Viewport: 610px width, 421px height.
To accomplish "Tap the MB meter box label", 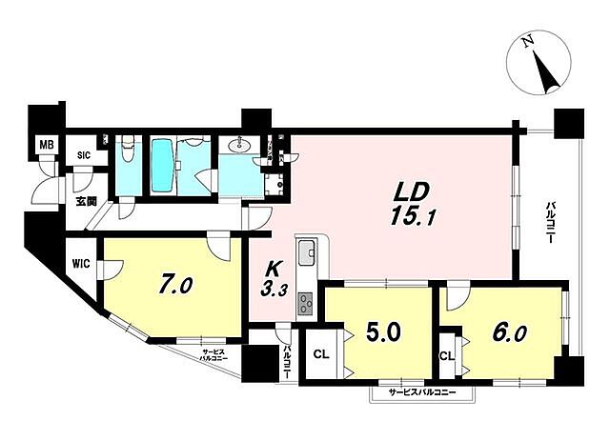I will tap(45, 146).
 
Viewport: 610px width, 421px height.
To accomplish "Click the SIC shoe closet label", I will tap(84, 154).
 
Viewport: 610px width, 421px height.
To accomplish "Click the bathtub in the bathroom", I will tap(162, 166).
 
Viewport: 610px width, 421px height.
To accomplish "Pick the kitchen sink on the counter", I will tap(307, 255).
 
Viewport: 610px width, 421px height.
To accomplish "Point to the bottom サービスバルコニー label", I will tap(421, 393).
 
